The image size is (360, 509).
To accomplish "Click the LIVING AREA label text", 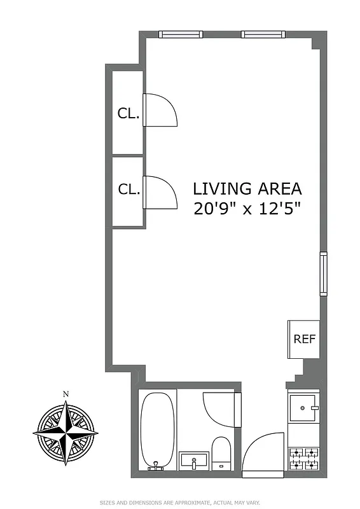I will [x=247, y=189].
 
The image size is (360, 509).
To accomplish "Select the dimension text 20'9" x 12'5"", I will [x=247, y=209].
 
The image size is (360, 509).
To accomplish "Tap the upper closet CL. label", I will [x=128, y=113].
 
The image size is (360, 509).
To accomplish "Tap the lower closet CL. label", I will [x=128, y=189].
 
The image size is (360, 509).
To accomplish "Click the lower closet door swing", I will [x=160, y=193].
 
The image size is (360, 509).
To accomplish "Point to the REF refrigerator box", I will [x=304, y=339].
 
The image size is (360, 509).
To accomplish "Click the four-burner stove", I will [x=304, y=459].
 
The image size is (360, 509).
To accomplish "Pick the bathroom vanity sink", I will [x=194, y=461].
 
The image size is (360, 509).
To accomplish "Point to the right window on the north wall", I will [x=261, y=35].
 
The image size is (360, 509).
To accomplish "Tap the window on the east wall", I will [x=323, y=274].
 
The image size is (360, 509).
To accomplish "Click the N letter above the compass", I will [x=66, y=394].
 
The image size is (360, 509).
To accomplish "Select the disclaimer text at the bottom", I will [x=180, y=502].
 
